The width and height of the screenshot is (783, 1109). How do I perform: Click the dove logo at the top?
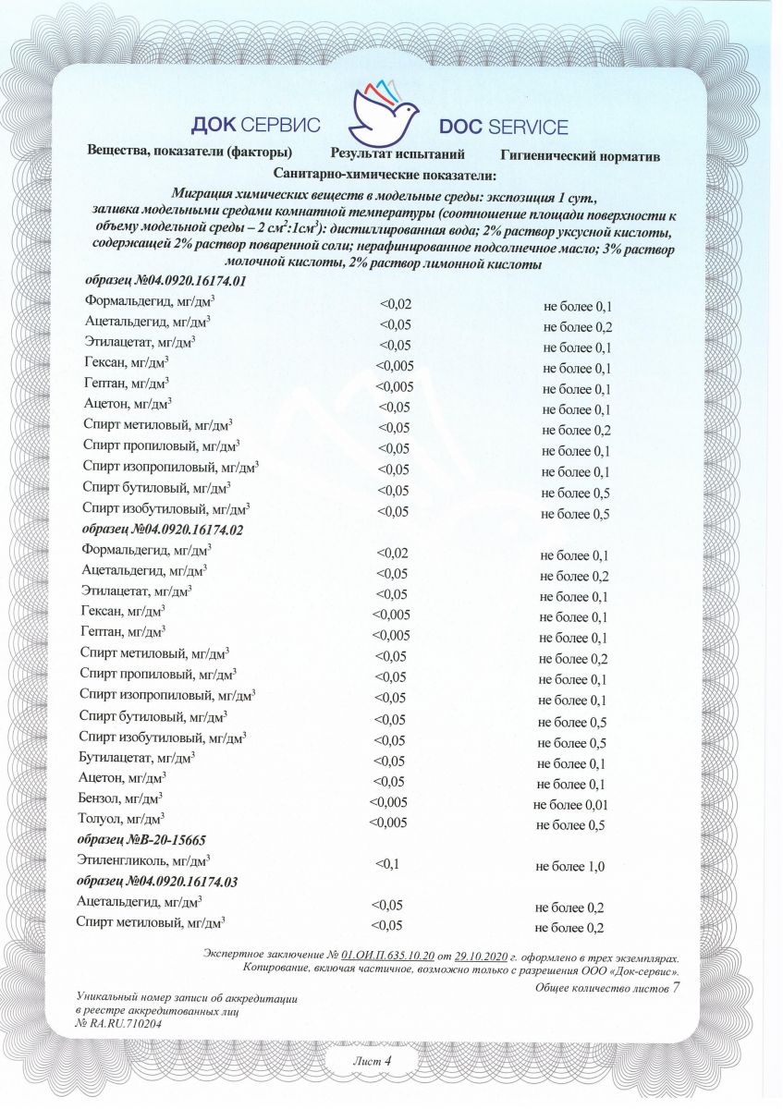tap(384, 110)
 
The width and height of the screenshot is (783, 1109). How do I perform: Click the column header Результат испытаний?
tap(397, 154)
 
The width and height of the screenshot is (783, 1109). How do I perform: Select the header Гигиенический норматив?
tap(580, 156)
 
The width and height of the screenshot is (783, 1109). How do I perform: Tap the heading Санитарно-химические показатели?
tap(385, 174)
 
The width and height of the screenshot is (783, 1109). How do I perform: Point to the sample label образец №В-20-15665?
tap(141, 840)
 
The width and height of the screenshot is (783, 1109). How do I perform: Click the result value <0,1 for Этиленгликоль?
tap(386, 864)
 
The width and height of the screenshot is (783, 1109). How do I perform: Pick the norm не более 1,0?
tap(569, 866)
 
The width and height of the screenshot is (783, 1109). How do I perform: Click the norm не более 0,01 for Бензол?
tap(570, 804)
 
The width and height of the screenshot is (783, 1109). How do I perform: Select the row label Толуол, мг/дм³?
tap(122, 819)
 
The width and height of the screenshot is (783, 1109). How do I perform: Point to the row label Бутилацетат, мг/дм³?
tap(138, 757)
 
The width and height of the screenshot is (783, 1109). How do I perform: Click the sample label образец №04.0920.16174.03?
tap(157, 882)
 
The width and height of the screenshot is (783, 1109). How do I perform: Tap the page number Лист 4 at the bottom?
tap(373, 1062)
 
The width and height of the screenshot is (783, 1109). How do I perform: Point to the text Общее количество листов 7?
tap(607, 988)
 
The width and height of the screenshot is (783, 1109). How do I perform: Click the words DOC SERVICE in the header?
tap(503, 128)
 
